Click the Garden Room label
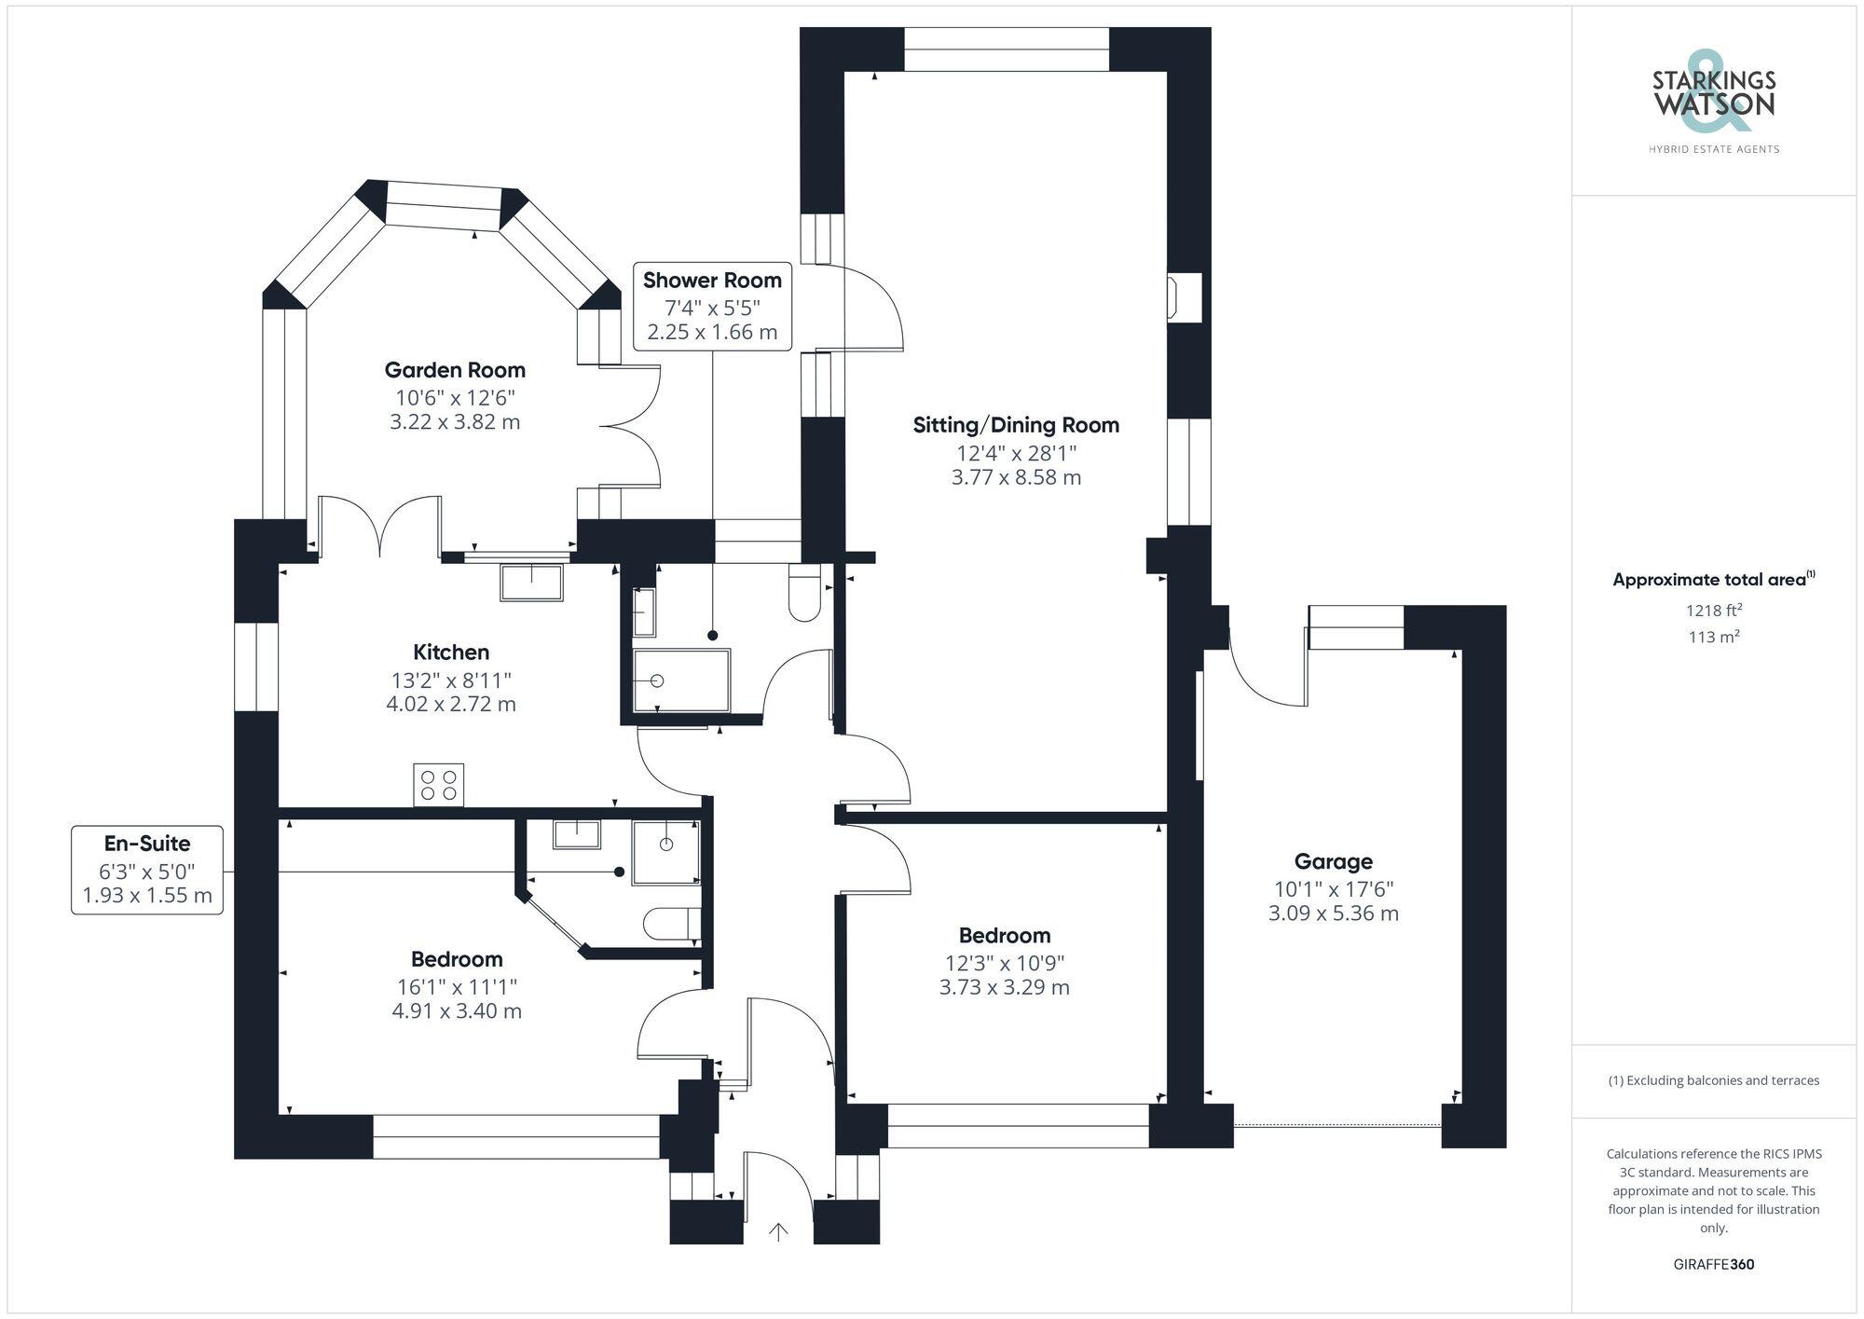click(x=455, y=370)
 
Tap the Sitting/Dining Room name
click(x=1016, y=425)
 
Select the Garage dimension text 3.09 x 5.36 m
click(x=1333, y=914)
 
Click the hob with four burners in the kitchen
click(x=438, y=784)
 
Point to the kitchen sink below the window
click(x=531, y=583)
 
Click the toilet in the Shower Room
click(x=803, y=593)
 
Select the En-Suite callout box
click(x=147, y=870)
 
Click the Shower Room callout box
click(x=712, y=307)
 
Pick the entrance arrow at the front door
click(x=778, y=1232)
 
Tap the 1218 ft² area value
click(x=1713, y=611)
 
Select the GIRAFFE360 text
click(x=1713, y=1265)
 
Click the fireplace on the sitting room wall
click(x=1184, y=297)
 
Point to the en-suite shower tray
click(x=665, y=851)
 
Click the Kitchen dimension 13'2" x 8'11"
click(x=451, y=680)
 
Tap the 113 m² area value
click(x=1713, y=638)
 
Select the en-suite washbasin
click(x=576, y=833)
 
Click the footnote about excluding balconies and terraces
click(x=1713, y=1080)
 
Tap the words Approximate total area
click(x=1709, y=580)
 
